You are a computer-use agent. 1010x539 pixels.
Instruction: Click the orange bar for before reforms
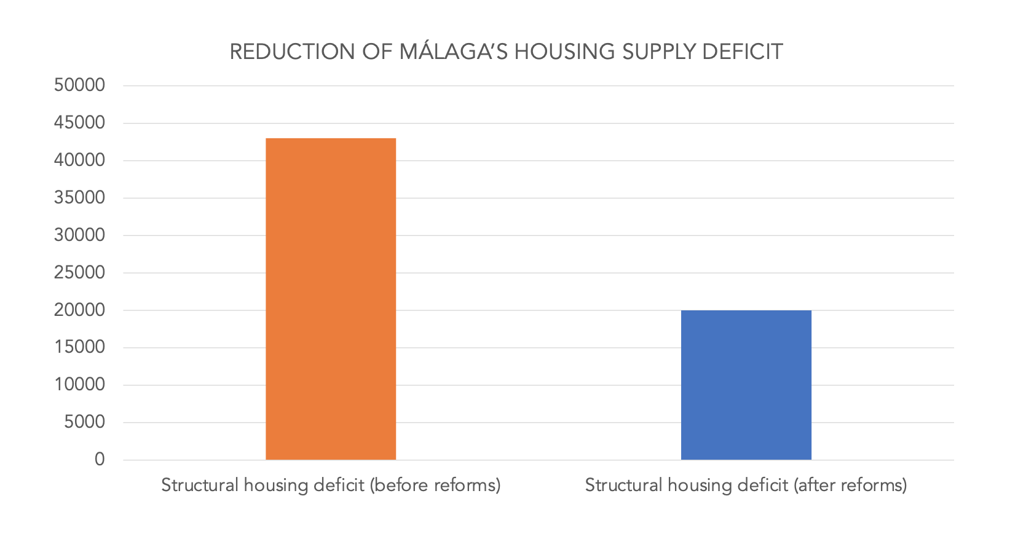331,299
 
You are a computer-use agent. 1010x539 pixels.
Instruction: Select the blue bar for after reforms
746,385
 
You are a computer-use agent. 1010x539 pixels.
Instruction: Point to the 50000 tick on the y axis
79,85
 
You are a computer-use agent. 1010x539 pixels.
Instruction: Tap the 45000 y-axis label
79,123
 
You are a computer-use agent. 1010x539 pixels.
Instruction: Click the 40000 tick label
79,160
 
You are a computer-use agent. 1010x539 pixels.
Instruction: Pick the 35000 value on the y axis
79,198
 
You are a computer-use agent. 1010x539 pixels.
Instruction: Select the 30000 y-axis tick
79,235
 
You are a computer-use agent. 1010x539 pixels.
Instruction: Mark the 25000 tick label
79,273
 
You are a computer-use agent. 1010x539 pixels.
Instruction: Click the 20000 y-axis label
79,310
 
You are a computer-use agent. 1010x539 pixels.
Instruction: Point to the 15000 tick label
79,347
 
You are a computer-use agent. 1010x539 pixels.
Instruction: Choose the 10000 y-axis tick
79,385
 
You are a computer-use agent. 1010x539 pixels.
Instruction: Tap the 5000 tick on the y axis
84,422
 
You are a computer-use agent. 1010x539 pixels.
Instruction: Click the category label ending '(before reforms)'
331,486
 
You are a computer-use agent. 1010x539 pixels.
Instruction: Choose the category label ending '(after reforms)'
746,486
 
